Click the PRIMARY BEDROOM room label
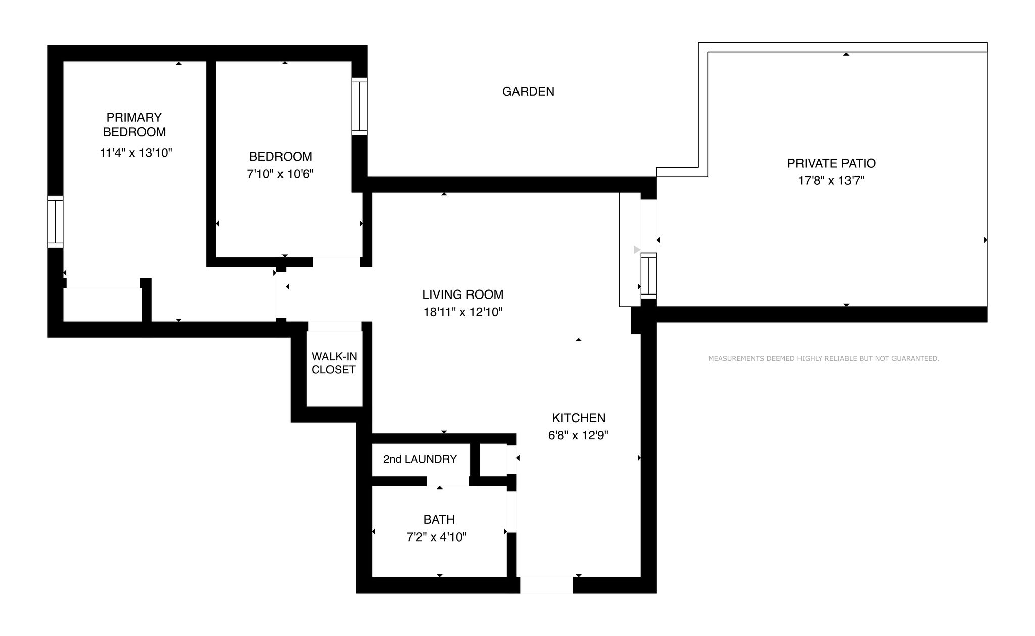(x=134, y=124)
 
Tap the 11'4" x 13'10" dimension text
(x=136, y=153)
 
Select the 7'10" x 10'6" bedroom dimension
(x=280, y=174)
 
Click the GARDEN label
(x=528, y=91)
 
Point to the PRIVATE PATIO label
(x=831, y=163)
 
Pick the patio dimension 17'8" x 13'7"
(x=831, y=181)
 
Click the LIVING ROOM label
(x=463, y=295)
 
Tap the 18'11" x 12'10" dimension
(x=463, y=312)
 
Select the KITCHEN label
(x=579, y=418)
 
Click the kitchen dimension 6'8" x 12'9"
(x=578, y=435)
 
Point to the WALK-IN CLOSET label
(x=334, y=363)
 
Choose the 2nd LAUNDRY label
(x=420, y=459)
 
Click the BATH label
(x=439, y=520)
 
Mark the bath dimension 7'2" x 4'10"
(x=437, y=537)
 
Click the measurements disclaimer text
(x=824, y=359)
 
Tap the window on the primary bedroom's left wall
(x=55, y=222)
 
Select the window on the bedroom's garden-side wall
(x=360, y=106)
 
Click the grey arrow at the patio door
(x=637, y=250)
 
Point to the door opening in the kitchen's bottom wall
(x=546, y=585)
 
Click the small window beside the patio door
(x=649, y=275)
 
